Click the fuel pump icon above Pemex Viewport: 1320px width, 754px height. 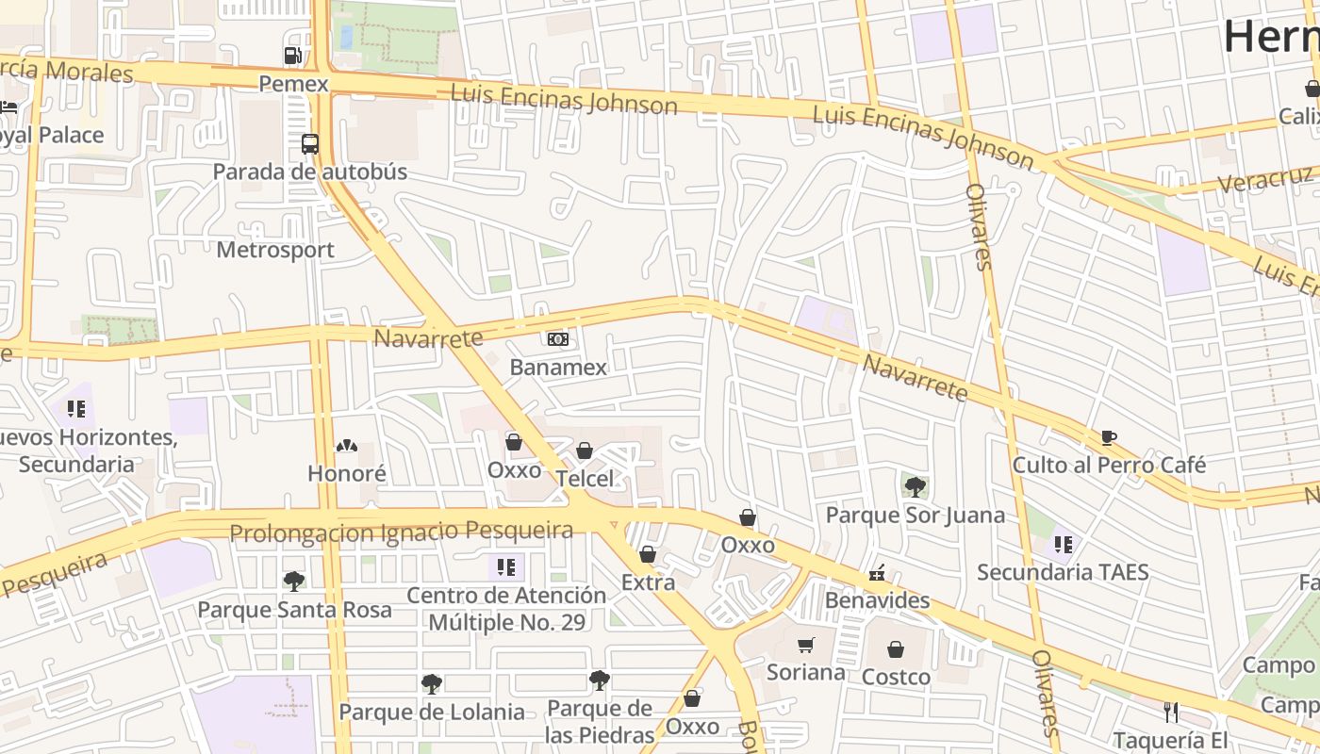[x=293, y=56]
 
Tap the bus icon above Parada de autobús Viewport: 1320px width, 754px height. [x=310, y=144]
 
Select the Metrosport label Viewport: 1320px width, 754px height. [x=275, y=250]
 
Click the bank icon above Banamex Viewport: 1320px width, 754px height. [x=558, y=338]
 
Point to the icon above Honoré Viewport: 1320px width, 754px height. [x=347, y=445]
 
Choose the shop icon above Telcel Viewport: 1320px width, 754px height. [x=585, y=451]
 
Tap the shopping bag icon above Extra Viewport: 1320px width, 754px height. [x=648, y=554]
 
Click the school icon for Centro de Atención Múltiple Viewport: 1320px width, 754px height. [x=506, y=566]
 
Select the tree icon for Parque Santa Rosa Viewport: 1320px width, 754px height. [x=294, y=581]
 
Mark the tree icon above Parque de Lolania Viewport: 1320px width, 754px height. [x=432, y=683]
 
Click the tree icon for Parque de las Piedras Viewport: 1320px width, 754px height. [x=600, y=680]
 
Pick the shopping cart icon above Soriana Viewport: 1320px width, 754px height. [x=805, y=645]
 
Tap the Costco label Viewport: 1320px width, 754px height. [x=896, y=677]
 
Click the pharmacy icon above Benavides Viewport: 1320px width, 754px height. [x=877, y=572]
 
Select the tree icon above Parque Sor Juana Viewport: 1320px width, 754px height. [x=915, y=486]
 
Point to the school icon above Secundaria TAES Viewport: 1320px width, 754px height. [x=1064, y=544]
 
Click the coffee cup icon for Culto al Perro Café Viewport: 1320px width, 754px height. [x=1109, y=437]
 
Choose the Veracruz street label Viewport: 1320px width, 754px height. [x=1263, y=179]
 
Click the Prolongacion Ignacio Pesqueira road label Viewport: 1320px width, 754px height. [x=402, y=532]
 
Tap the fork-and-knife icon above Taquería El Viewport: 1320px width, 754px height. [x=1171, y=712]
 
